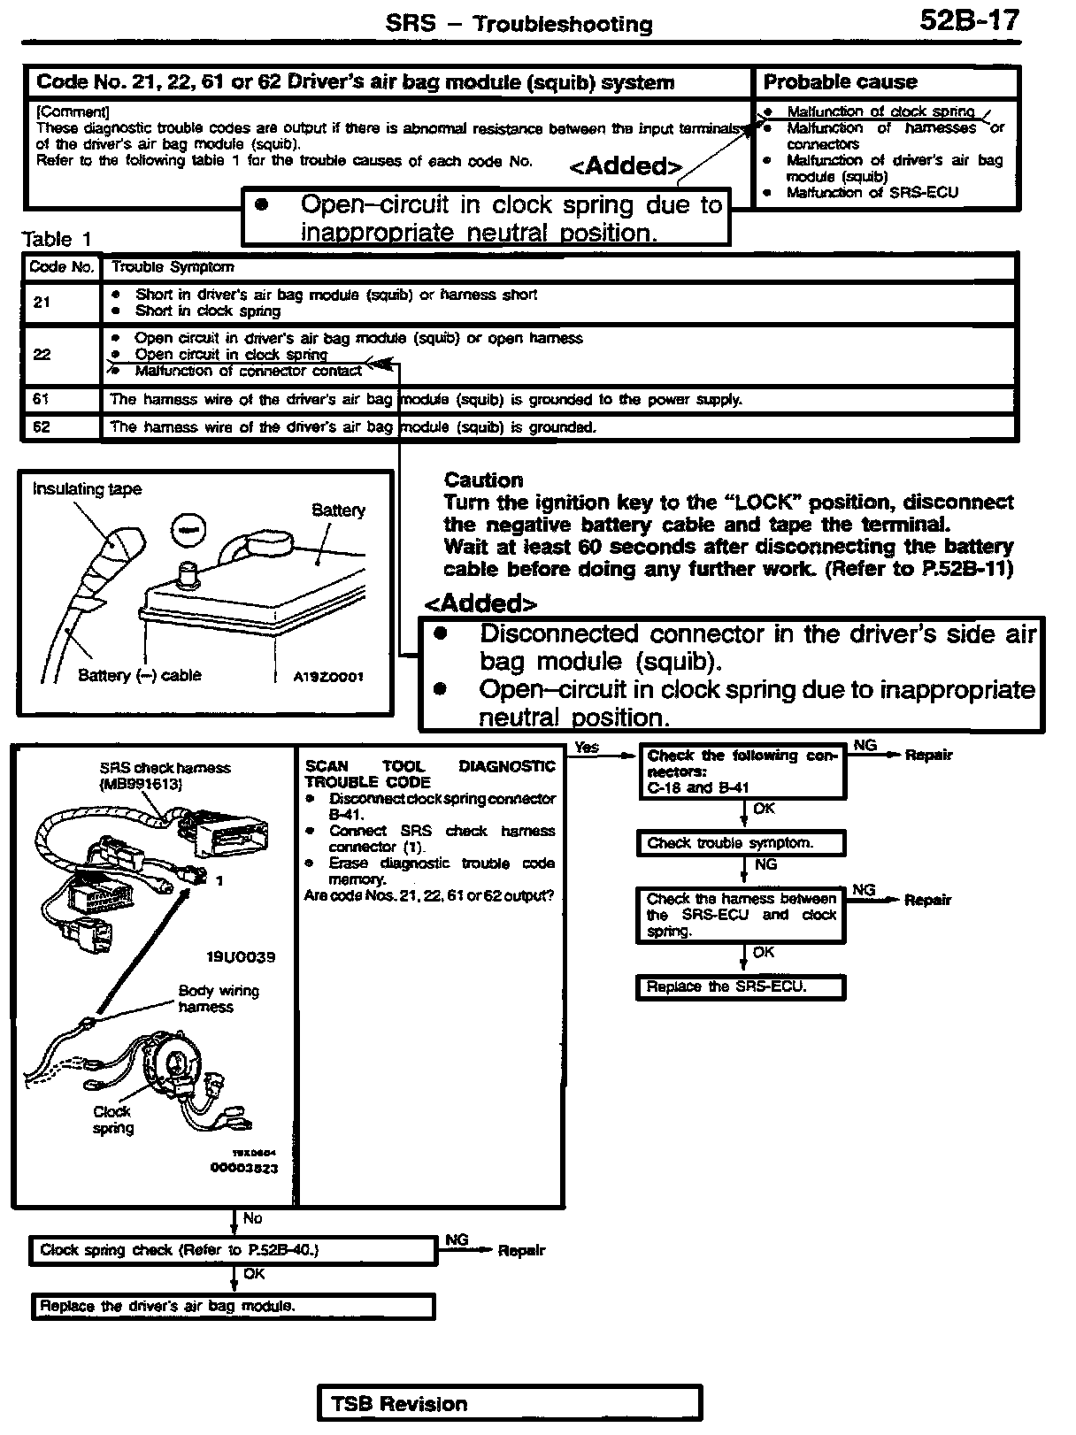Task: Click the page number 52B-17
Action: click(969, 20)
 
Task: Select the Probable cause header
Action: click(840, 82)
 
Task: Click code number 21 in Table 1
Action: click(42, 303)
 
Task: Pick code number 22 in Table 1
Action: click(42, 355)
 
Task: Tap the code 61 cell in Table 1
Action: click(42, 400)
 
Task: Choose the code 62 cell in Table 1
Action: click(42, 427)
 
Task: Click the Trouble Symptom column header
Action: click(173, 267)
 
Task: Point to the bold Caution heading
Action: click(483, 480)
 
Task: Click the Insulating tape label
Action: click(87, 489)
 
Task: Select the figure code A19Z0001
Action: click(327, 677)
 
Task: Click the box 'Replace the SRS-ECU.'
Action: click(740, 987)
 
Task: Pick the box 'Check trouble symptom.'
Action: click(740, 843)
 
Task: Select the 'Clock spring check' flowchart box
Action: click(233, 1250)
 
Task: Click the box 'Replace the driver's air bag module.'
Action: click(233, 1307)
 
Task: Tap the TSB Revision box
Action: click(509, 1404)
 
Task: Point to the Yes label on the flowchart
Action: click(587, 748)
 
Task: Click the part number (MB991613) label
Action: click(141, 784)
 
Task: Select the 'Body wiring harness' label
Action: click(218, 999)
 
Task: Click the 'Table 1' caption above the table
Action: click(57, 239)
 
